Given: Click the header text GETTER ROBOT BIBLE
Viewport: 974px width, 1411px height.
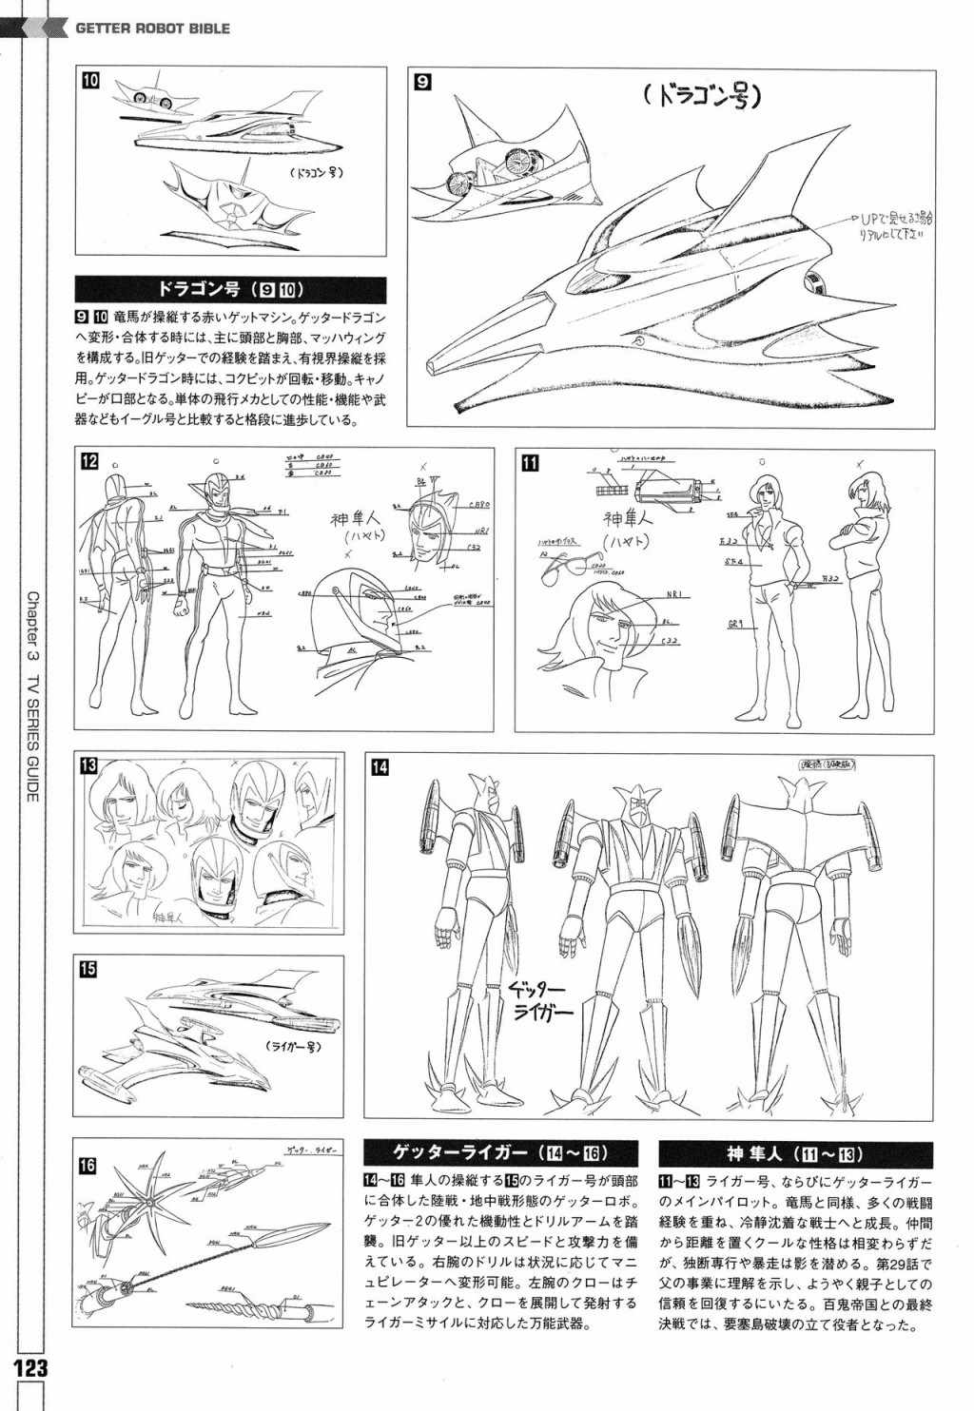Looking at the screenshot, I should tap(153, 29).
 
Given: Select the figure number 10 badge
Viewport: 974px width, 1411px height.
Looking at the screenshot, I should tap(89, 81).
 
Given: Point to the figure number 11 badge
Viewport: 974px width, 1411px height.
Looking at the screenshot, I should tap(531, 463).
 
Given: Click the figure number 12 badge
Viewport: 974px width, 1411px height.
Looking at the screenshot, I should tap(90, 463).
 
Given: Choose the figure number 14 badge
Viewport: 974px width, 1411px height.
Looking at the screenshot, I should tap(380, 768).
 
